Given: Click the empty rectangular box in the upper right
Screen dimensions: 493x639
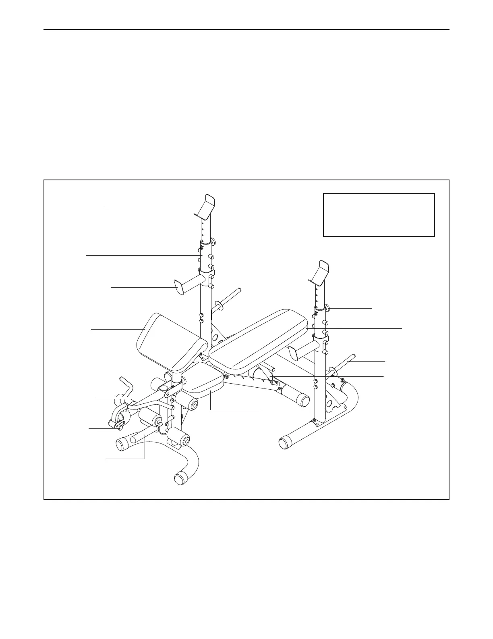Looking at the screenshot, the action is (x=379, y=215).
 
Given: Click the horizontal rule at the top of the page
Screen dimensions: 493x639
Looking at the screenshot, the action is (x=246, y=29).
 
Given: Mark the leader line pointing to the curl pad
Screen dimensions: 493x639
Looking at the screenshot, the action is (x=117, y=330).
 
